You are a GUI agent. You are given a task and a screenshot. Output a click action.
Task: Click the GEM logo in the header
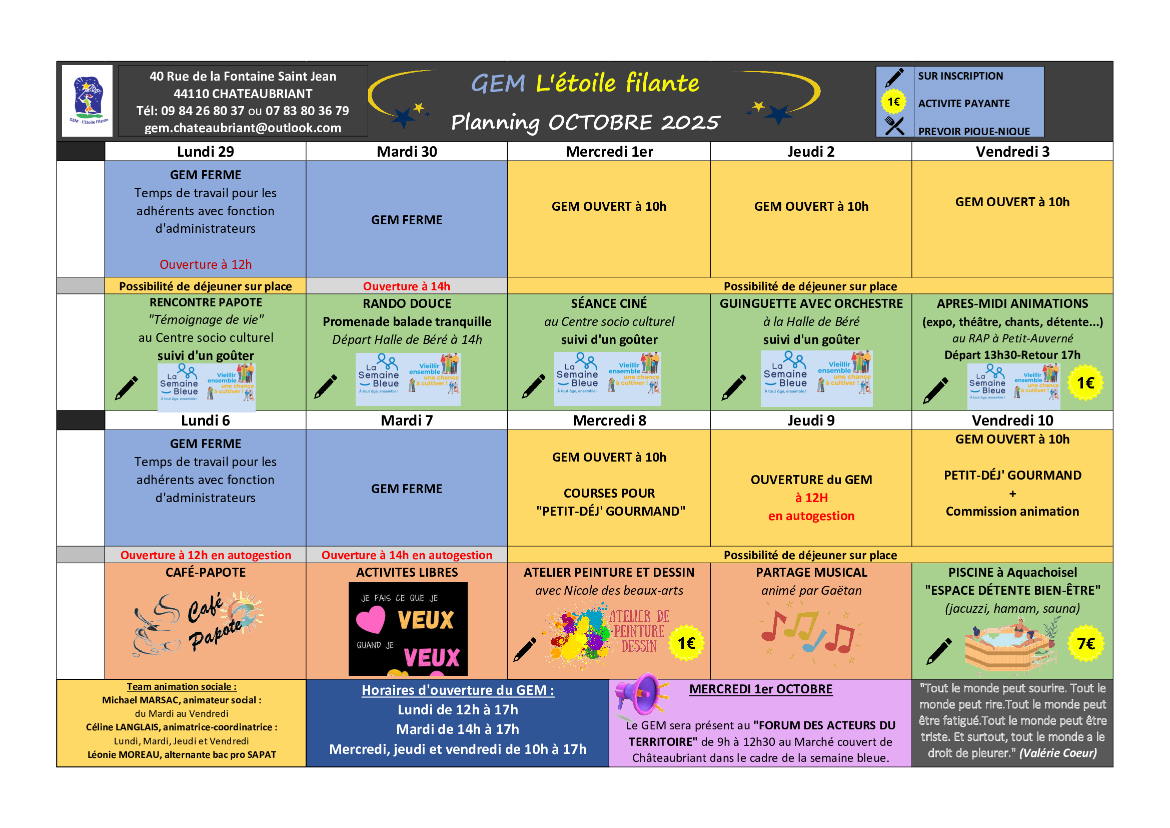(87, 100)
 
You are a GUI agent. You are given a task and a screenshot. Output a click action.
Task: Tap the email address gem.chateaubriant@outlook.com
(243, 128)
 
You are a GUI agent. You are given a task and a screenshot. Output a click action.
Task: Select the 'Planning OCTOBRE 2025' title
(585, 122)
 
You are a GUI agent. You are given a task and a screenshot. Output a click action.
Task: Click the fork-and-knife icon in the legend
(894, 126)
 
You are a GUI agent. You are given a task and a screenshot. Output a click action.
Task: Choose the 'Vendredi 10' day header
(1012, 421)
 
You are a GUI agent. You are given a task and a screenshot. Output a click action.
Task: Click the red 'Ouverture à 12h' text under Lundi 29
(206, 265)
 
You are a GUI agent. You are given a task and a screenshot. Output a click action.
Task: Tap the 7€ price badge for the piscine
(1085, 644)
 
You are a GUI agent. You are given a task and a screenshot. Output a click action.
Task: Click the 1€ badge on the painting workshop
(686, 643)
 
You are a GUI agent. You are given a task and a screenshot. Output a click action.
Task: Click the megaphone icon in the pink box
(640, 694)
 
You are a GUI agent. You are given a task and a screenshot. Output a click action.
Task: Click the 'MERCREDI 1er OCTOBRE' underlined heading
(761, 689)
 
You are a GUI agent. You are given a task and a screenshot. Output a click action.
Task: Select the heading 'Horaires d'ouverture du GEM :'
(458, 690)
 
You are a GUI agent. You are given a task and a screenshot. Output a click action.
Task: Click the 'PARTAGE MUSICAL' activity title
(811, 573)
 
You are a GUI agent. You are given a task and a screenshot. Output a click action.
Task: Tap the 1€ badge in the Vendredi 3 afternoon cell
(1085, 383)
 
